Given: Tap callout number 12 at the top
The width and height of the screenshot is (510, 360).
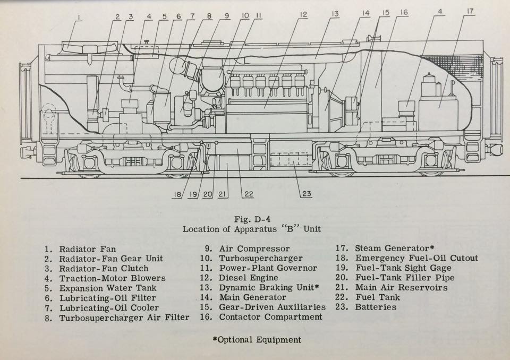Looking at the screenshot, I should (303, 15).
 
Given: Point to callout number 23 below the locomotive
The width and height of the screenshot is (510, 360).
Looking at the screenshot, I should (307, 193).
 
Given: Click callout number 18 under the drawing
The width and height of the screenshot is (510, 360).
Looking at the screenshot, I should (177, 194).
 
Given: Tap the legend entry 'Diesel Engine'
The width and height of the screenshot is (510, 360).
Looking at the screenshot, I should (248, 278).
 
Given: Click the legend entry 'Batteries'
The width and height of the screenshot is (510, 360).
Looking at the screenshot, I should (376, 307).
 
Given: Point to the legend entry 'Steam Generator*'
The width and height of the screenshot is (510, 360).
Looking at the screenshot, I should (392, 248).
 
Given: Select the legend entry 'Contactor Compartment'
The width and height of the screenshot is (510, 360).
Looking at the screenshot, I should (270, 317).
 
